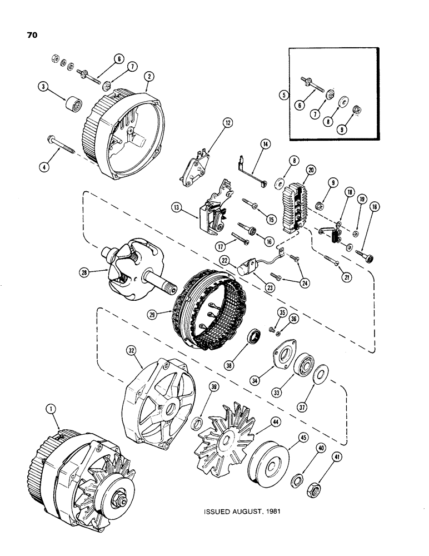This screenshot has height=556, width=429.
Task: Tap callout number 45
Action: point(303,436)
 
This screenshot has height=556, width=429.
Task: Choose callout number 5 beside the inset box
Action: point(283,95)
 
